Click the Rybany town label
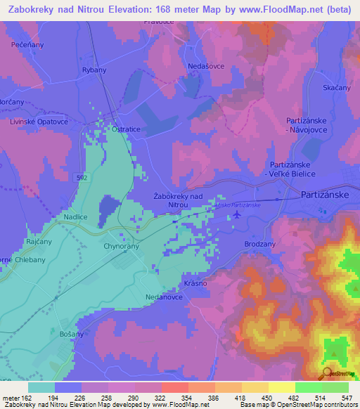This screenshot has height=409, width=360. (x=95, y=70)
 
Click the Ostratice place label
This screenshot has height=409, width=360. (x=120, y=130)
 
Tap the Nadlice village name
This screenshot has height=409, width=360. (x=75, y=218)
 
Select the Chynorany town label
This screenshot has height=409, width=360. (x=122, y=247)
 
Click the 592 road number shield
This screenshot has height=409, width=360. (x=82, y=178)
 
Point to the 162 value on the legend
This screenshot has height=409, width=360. (x=27, y=398)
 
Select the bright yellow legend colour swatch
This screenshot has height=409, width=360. (x=282, y=387)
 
